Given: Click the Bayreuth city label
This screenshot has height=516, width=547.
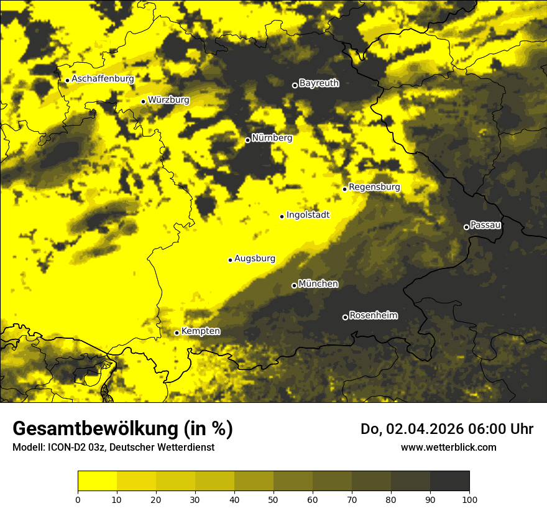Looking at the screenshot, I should [x=319, y=83].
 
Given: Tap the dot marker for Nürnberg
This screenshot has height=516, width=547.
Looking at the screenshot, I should [x=247, y=140].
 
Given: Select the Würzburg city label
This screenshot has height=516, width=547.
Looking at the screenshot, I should [x=168, y=99].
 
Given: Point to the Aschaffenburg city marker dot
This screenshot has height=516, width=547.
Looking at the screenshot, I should [x=67, y=80].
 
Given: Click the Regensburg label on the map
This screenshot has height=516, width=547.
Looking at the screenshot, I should [x=374, y=187].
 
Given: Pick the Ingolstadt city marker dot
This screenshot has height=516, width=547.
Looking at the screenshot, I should [x=282, y=216].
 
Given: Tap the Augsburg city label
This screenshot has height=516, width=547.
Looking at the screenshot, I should [x=254, y=258].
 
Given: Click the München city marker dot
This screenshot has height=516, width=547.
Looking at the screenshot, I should [x=294, y=285].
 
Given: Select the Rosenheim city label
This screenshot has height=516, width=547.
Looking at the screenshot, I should [x=373, y=315].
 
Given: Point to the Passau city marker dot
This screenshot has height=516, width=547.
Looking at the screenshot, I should [x=466, y=227].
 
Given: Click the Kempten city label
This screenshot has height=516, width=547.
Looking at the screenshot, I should [x=200, y=331].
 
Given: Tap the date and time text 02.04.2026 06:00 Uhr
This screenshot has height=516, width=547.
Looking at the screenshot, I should [x=459, y=429].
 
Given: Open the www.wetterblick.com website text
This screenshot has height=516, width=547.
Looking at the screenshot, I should [x=449, y=447].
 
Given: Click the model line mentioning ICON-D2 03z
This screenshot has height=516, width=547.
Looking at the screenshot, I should [x=113, y=447].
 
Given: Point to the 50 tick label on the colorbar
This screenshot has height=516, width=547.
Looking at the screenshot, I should [x=273, y=499].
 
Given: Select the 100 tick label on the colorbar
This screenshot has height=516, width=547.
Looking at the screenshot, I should [x=469, y=499].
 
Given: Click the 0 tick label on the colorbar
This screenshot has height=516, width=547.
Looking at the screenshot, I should [x=78, y=499].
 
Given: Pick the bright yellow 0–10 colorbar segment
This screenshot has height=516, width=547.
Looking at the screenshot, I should [x=97, y=481].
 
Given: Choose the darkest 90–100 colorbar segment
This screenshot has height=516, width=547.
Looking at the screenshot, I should [x=449, y=481].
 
